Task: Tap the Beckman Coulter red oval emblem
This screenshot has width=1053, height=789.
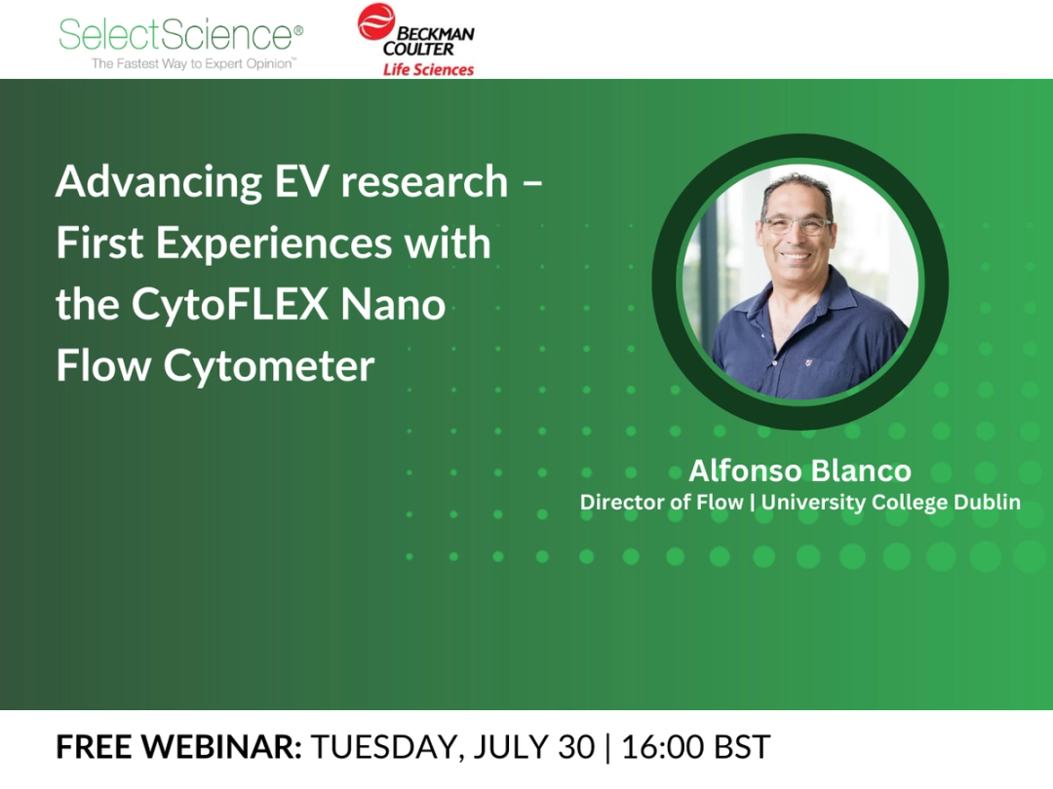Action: pos(376,21)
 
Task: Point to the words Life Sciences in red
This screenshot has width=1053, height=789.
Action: pos(428,69)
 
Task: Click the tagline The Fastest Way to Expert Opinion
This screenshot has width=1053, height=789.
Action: pos(193,63)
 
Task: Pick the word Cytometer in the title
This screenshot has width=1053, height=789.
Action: pos(268,366)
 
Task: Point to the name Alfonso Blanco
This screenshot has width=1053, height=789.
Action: pos(799,471)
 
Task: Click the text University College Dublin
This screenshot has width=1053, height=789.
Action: pos(891,503)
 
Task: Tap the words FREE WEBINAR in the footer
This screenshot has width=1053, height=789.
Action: pos(178,747)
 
